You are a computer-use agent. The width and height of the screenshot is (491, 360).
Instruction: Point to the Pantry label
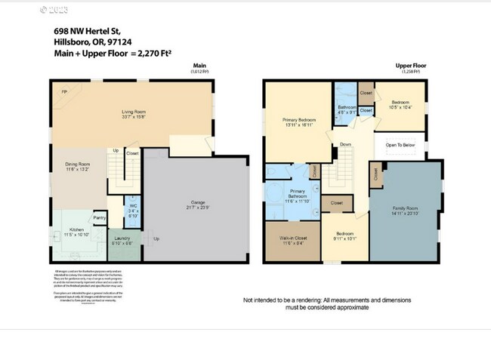[x=99, y=218]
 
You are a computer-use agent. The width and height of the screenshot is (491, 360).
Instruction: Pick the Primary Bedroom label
[x=299, y=120]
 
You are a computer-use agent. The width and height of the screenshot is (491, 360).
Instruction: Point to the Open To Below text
[x=400, y=144]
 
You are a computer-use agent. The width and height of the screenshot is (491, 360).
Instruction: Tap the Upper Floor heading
[x=411, y=66]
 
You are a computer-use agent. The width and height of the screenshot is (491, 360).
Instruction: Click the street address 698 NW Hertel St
[x=86, y=31]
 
